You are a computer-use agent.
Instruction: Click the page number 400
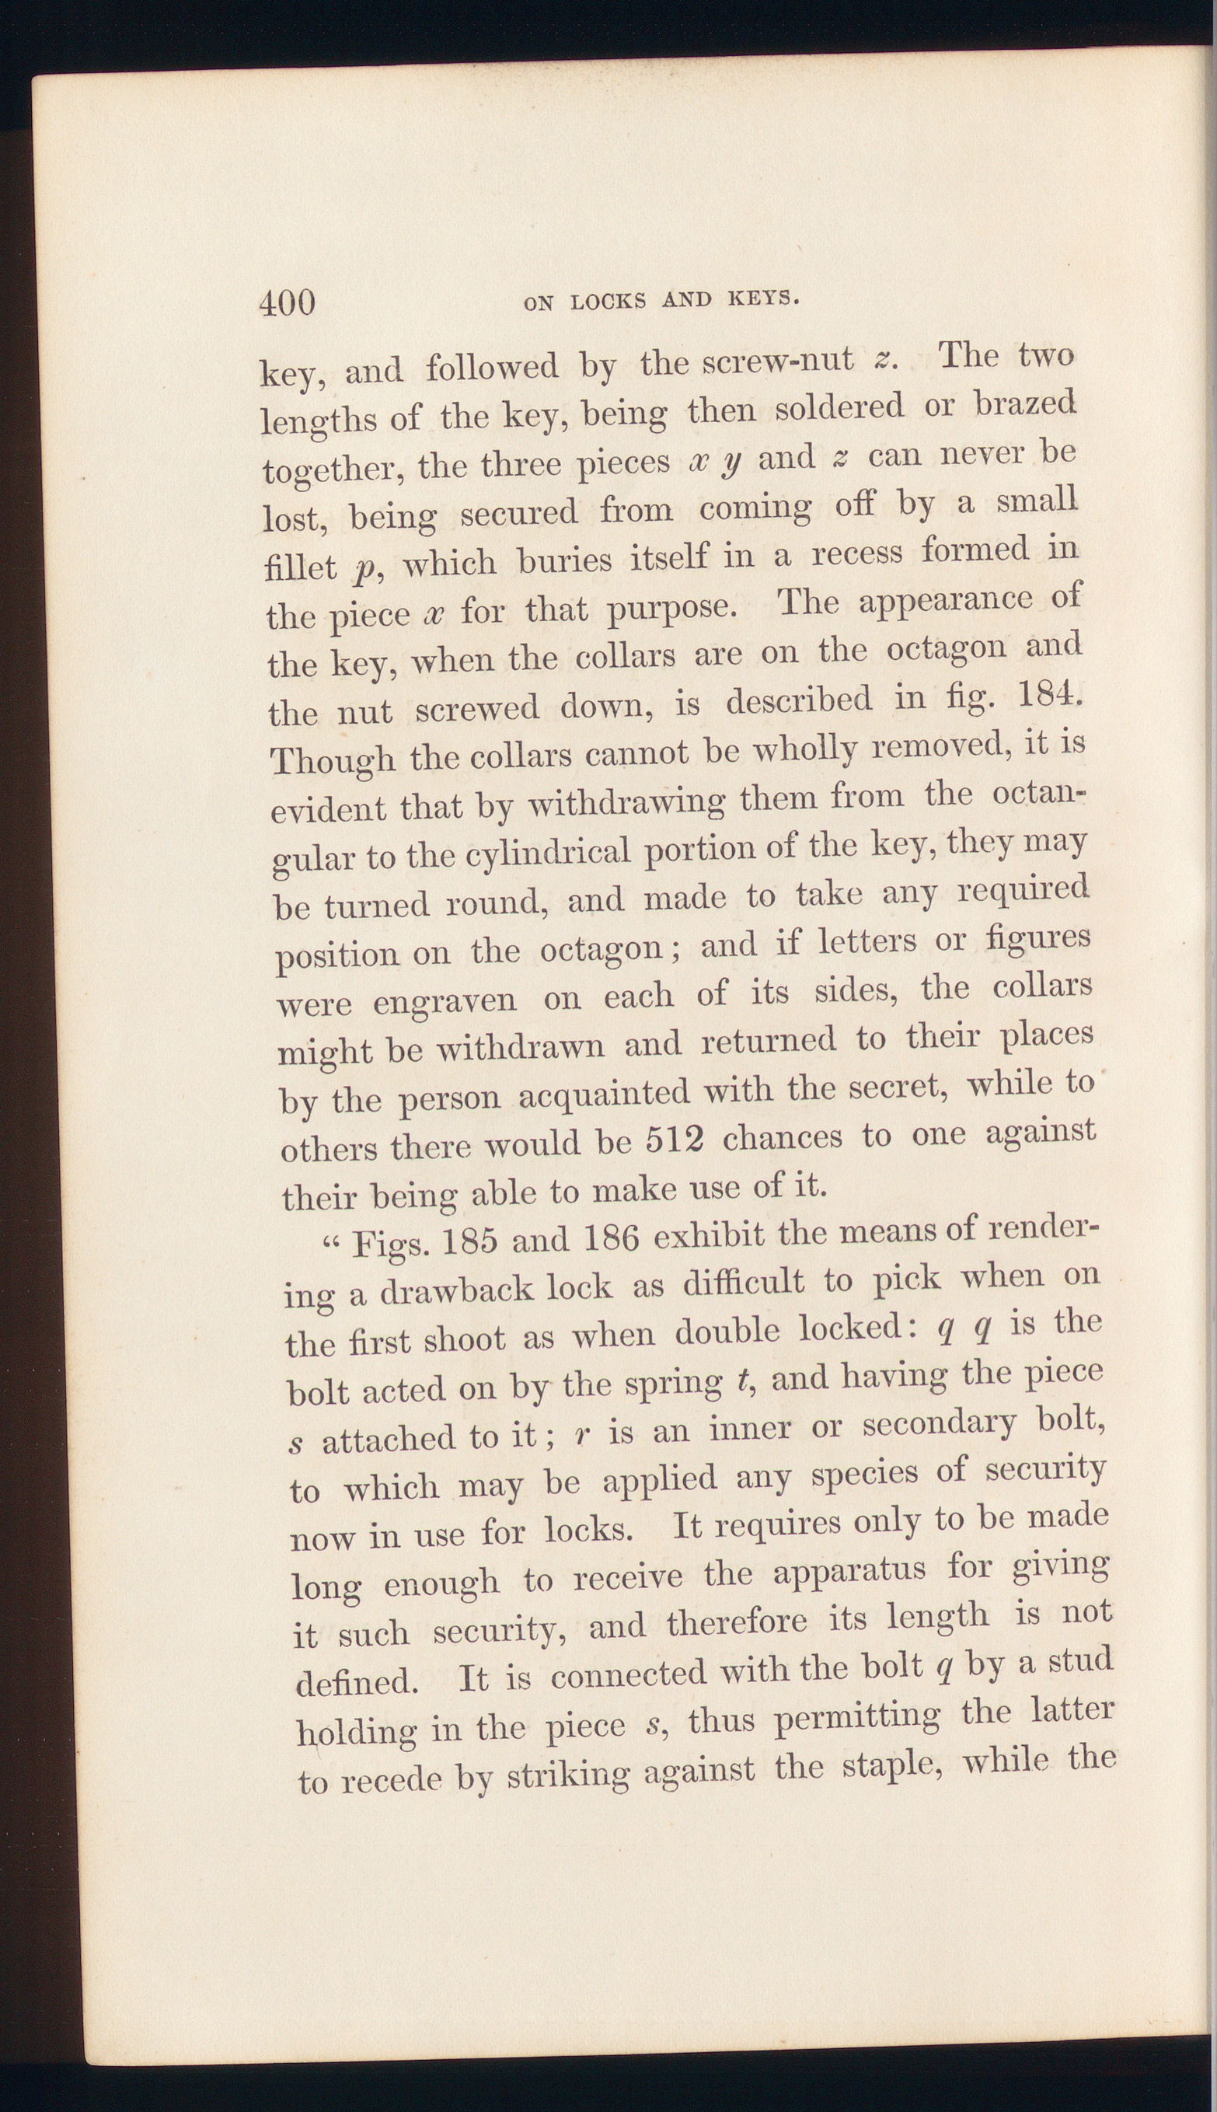[x=287, y=302]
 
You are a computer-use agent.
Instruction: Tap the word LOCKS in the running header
[x=608, y=302]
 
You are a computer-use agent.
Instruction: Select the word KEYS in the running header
[x=763, y=298]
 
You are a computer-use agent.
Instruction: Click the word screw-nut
[x=778, y=360]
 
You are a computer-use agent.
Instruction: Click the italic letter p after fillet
[x=363, y=569]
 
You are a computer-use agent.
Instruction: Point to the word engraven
[x=445, y=1000]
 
